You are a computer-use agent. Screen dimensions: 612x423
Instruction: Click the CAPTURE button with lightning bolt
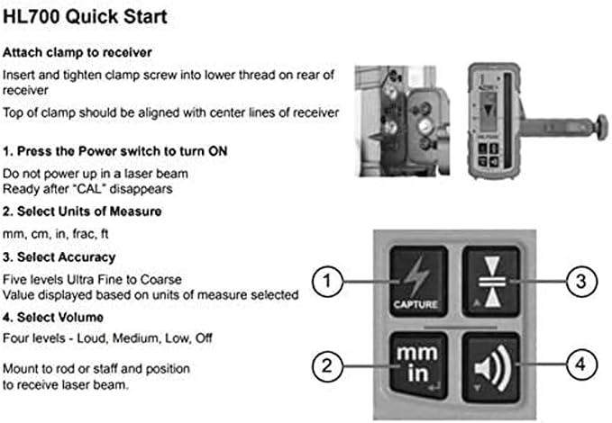coord(418,281)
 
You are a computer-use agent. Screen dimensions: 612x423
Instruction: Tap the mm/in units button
coord(418,365)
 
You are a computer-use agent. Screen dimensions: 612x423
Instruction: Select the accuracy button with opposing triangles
coord(491,281)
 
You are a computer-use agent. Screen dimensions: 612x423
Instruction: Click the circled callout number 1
coord(327,281)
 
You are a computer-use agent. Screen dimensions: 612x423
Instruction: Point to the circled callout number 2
coord(327,365)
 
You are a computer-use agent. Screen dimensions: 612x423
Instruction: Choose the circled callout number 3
coord(581,281)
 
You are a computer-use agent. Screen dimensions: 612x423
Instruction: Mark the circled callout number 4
coord(581,364)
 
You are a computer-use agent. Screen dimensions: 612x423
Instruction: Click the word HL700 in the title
coord(32,17)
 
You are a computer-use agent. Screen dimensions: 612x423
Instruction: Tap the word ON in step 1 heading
coord(218,151)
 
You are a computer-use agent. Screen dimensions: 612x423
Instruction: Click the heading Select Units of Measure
coord(89,211)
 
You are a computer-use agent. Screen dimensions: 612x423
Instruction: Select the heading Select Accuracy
coord(67,257)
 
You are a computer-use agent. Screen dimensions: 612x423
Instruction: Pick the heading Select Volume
coord(60,317)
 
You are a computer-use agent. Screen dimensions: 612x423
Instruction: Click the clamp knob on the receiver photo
coord(601,125)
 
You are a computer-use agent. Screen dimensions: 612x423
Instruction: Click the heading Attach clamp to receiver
coord(78,52)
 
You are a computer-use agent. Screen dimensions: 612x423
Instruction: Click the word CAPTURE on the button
coord(416,304)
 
